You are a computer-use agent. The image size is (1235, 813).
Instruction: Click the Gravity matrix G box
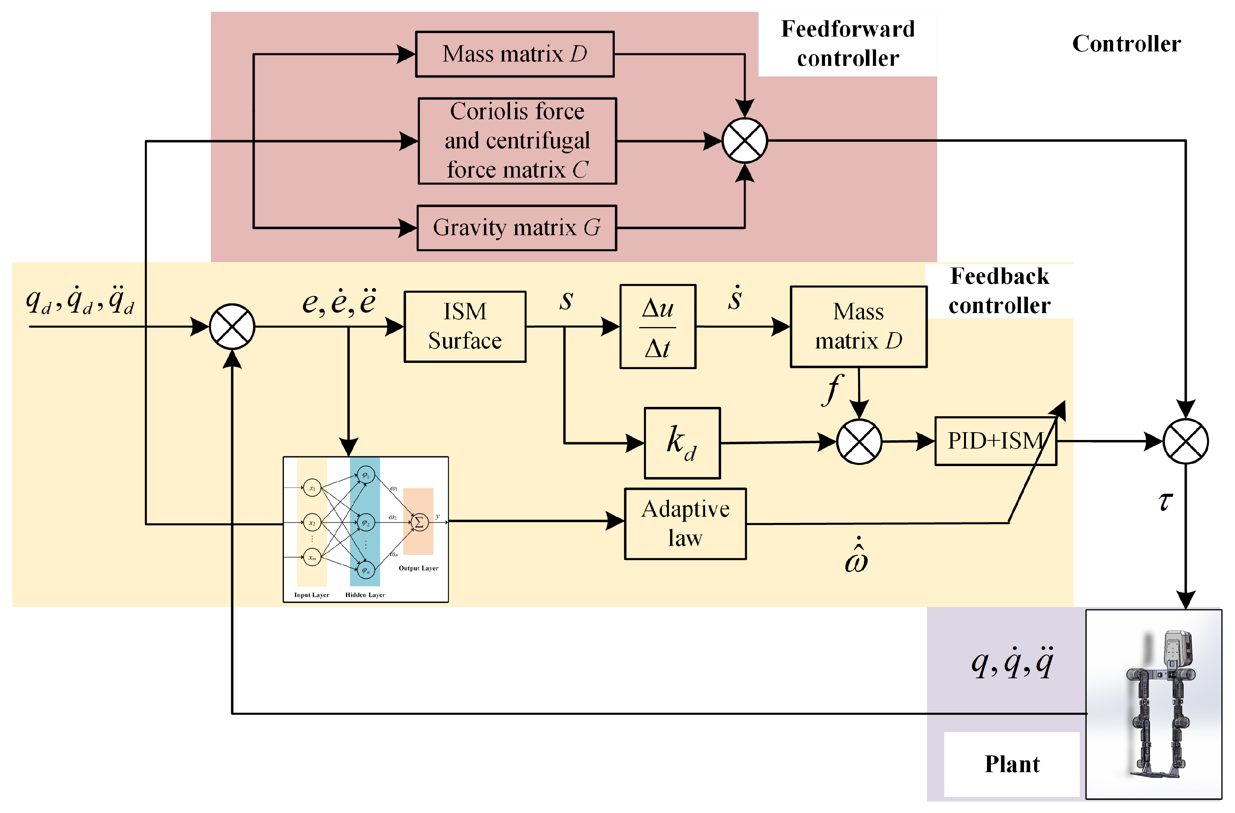(x=516, y=228)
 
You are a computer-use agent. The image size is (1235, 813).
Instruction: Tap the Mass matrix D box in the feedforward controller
(x=514, y=54)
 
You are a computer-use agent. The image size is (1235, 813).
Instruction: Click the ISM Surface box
(x=464, y=326)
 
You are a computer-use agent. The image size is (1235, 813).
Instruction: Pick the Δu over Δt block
(x=658, y=326)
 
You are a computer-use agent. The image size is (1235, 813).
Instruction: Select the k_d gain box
(x=681, y=443)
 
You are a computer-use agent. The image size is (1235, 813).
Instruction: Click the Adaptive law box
(x=685, y=523)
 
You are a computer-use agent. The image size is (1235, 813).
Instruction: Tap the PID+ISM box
(x=995, y=441)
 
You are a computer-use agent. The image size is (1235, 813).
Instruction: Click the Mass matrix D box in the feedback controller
(x=858, y=326)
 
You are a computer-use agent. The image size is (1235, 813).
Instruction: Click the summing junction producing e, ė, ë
(x=232, y=326)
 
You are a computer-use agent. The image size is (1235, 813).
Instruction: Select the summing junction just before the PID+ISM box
(x=859, y=442)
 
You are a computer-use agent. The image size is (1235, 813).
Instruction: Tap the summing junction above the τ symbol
(x=1185, y=441)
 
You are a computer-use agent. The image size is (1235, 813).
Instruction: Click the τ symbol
(x=1165, y=501)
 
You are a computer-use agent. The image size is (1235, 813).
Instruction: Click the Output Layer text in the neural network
(x=418, y=568)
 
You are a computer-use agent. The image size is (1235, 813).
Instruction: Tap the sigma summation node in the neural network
(x=419, y=522)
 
